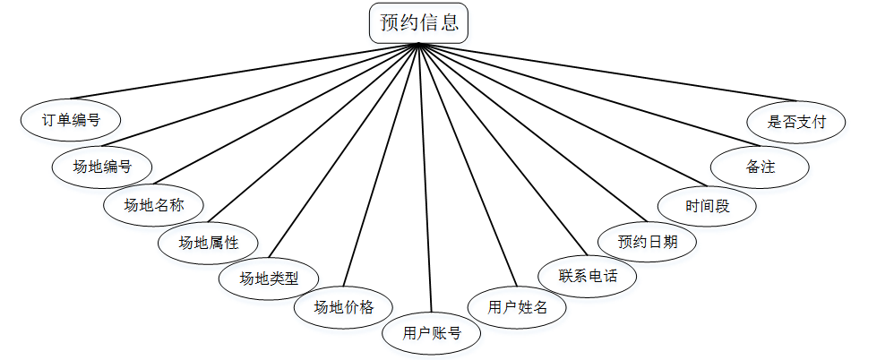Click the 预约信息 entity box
[418, 22]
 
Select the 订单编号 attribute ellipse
[71, 119]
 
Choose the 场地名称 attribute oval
[155, 205]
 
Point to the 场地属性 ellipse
[209, 242]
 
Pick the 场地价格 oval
[343, 308]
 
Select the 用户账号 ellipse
[432, 334]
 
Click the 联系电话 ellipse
[588, 275]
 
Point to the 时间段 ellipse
[708, 206]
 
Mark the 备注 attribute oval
[760, 167]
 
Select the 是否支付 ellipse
[795, 120]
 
